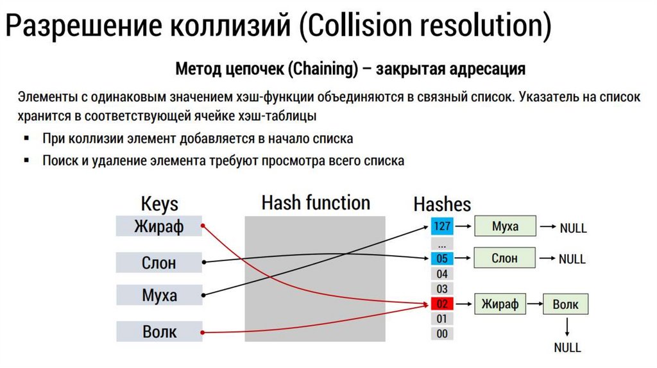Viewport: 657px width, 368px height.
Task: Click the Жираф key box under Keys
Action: pos(158,226)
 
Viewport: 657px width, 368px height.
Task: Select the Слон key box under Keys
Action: pos(158,262)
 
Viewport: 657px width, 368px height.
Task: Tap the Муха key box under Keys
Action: pos(158,296)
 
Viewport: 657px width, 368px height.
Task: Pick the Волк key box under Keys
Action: pos(158,332)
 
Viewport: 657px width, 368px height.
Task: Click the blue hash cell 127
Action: pos(442,226)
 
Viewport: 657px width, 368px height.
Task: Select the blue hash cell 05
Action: pos(442,259)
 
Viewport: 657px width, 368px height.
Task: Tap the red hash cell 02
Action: pos(442,304)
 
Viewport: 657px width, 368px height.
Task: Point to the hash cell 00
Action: pos(442,333)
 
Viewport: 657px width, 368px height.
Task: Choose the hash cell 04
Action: pos(442,274)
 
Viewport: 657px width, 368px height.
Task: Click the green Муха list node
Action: pos(505,226)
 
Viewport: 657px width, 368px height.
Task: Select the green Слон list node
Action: pos(505,258)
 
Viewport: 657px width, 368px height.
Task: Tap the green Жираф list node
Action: pos(500,304)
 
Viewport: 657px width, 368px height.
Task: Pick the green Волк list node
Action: pos(565,305)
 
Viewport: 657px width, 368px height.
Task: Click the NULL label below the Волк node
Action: pos(567,348)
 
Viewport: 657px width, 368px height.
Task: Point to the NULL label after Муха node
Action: pos(573,228)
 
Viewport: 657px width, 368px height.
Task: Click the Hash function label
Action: pos(316,203)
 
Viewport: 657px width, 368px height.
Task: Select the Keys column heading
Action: pos(159,205)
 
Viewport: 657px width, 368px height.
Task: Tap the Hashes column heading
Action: pos(442,205)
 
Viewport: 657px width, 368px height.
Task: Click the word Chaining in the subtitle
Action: pos(323,69)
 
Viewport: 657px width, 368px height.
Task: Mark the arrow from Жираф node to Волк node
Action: pos(534,304)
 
